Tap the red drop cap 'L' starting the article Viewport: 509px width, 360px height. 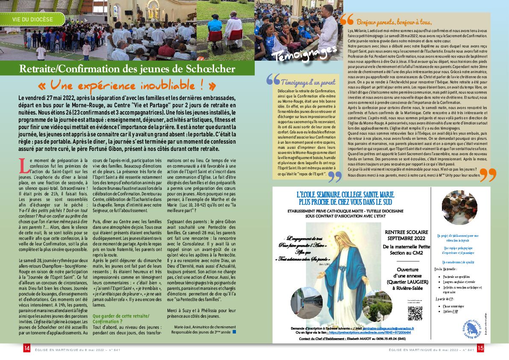pyautogui.click(x=23, y=163)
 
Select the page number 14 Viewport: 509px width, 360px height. pyautogui.click(x=27, y=349)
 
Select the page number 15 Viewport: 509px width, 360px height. pyautogui.click(x=480, y=349)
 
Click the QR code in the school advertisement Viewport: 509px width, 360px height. pyautogui.click(x=415, y=313)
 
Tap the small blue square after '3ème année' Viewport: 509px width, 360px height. pyautogui.click(x=234, y=331)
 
